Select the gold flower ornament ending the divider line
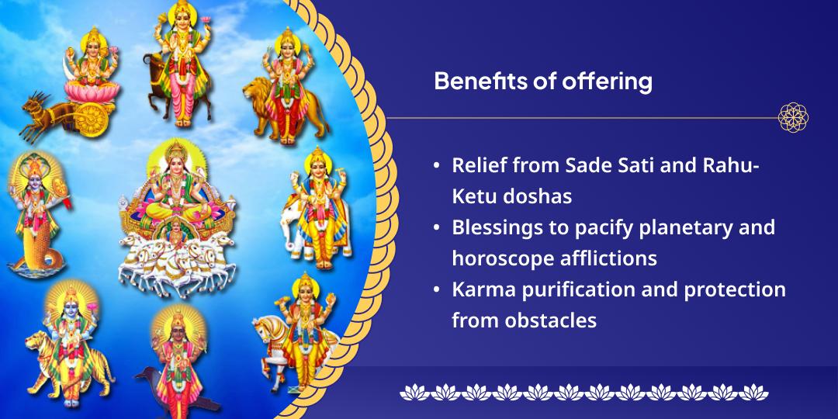(x=793, y=118)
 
